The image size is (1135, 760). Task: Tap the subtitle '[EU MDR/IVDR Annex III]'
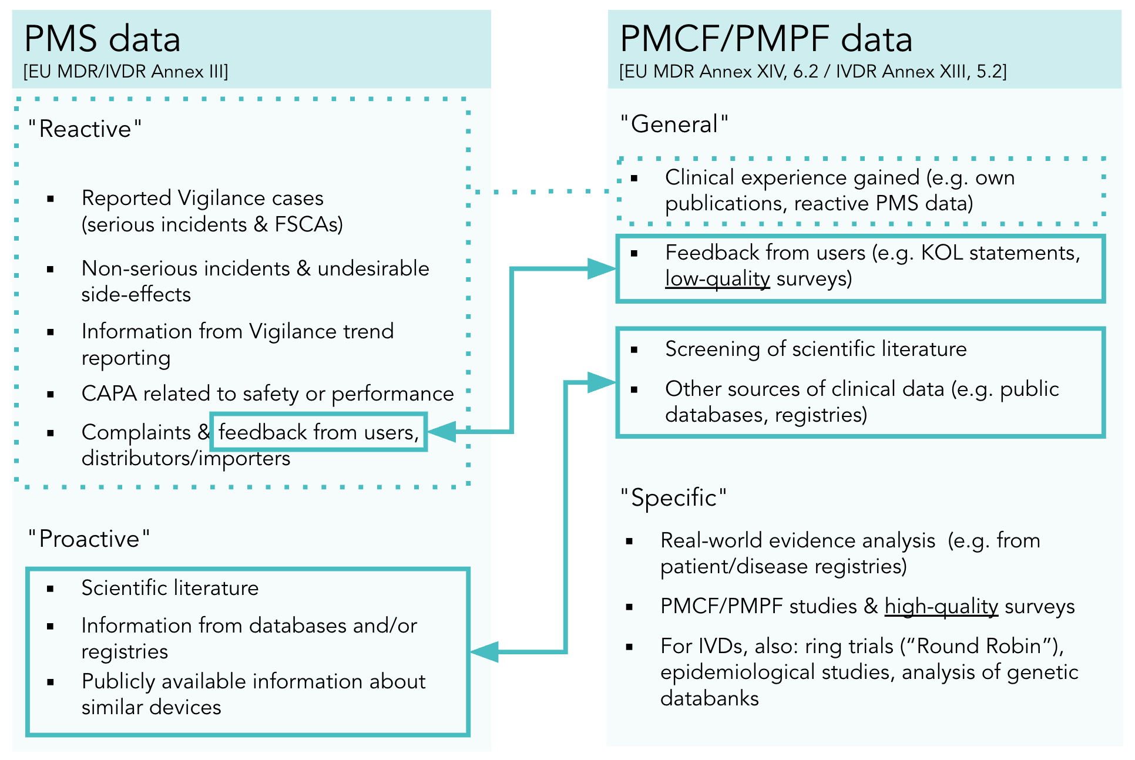[126, 72]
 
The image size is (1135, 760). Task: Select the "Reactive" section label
[85, 129]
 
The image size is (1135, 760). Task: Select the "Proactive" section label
[89, 539]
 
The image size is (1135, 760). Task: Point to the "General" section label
[674, 124]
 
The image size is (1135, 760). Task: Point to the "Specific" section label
[674, 497]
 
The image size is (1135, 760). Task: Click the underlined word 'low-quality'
[717, 278]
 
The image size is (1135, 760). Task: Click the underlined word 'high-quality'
[941, 606]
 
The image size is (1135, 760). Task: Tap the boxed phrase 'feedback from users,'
[318, 432]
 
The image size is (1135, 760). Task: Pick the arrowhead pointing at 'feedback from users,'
[442, 432]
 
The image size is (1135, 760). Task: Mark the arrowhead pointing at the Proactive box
[485, 652]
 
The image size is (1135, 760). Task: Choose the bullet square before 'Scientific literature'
[51, 589]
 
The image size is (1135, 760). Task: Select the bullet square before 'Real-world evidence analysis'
[630, 541]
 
